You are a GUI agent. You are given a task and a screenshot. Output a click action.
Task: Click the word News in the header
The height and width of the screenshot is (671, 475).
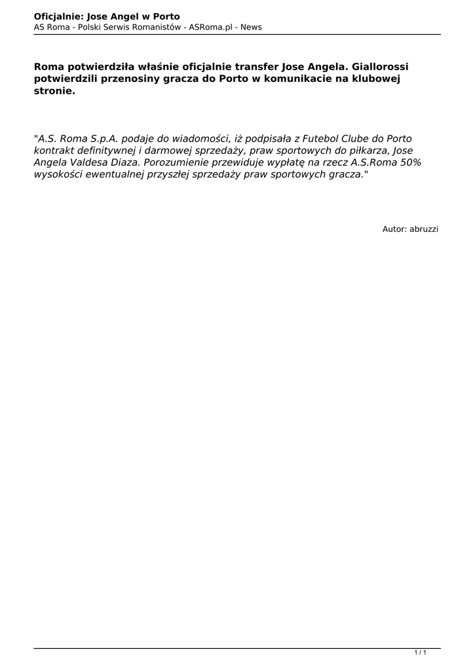point(250,27)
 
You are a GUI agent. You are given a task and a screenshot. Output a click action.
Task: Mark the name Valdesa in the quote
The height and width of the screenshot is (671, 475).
point(88,163)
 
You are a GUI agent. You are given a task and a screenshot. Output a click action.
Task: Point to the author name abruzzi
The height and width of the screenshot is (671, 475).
point(424,229)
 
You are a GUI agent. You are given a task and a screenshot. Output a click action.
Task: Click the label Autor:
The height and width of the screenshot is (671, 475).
point(394,229)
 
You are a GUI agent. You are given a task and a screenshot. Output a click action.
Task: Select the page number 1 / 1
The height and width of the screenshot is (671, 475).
point(421,652)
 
